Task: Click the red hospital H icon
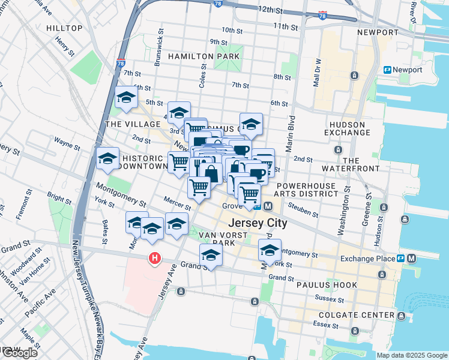tap(155, 259)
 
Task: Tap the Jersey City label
tap(257, 223)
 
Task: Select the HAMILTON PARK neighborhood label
tap(204, 56)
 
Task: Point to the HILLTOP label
tap(64, 28)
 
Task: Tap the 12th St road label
tap(270, 10)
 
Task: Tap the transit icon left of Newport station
tap(388, 70)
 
